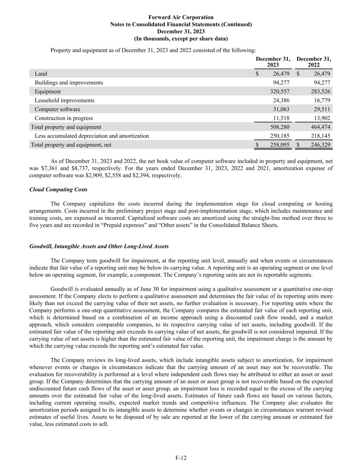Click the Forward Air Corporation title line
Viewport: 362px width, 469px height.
[181, 17]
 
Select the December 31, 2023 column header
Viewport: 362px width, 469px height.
[273, 62]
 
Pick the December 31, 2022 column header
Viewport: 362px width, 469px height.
[314, 62]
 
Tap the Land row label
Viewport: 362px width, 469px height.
[41, 74]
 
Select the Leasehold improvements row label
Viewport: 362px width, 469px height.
[65, 100]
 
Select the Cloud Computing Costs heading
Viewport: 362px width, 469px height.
[58, 190]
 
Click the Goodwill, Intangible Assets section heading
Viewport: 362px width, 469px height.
[99, 246]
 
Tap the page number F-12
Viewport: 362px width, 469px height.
[181, 458]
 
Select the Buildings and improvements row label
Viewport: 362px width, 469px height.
[69, 82]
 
